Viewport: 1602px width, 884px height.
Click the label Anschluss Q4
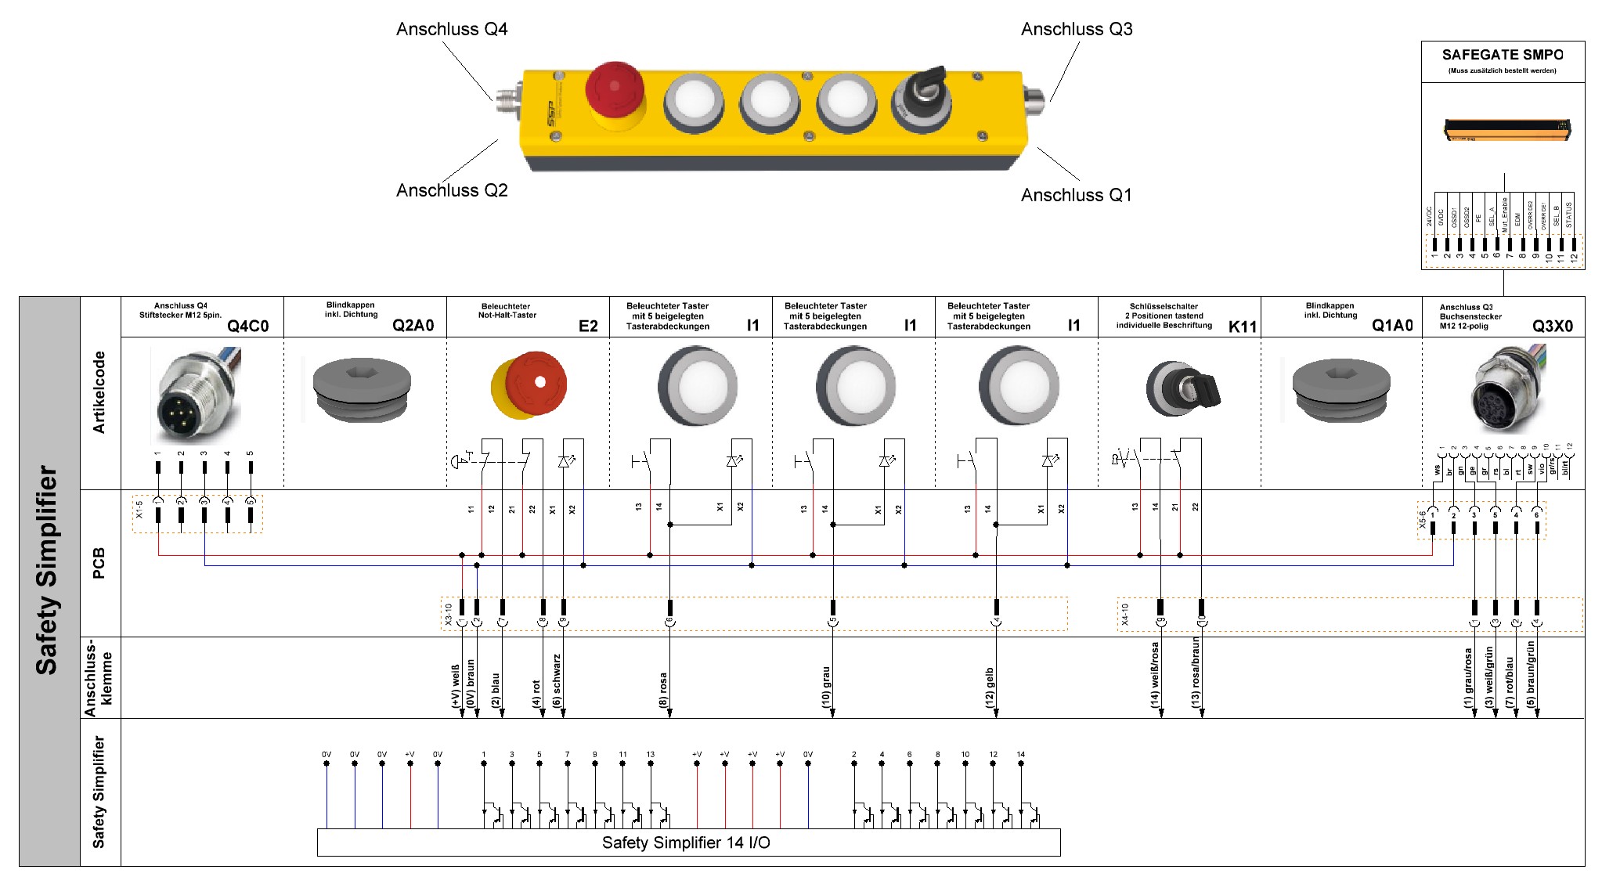[452, 30]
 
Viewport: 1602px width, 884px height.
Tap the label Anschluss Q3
[1077, 30]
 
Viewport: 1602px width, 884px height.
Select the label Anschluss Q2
[452, 190]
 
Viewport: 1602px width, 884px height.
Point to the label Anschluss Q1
[1076, 195]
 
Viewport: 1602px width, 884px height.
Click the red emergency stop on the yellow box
[615, 93]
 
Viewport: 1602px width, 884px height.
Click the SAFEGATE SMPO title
[1502, 55]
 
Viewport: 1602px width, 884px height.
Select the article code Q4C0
[247, 326]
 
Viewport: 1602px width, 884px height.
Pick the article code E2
[588, 326]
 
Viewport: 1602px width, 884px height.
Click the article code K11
[1242, 327]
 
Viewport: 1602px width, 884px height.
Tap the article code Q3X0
[1552, 326]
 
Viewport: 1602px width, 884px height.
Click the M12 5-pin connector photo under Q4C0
[196, 395]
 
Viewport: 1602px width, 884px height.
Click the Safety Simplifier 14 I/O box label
[686, 843]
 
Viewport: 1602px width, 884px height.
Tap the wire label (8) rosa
[663, 690]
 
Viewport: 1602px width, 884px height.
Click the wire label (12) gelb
[989, 687]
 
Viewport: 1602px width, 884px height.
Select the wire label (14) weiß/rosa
[1155, 675]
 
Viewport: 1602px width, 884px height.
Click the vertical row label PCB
[99, 563]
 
